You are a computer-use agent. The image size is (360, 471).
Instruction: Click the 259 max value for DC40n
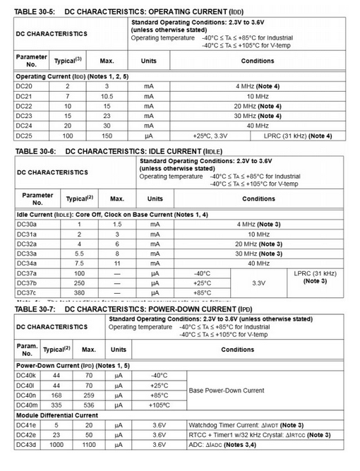coord(89,395)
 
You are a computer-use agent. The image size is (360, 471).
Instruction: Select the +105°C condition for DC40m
coord(159,405)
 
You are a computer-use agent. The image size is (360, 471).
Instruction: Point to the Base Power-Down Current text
coord(226,390)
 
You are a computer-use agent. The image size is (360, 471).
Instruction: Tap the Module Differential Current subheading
coord(57,415)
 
